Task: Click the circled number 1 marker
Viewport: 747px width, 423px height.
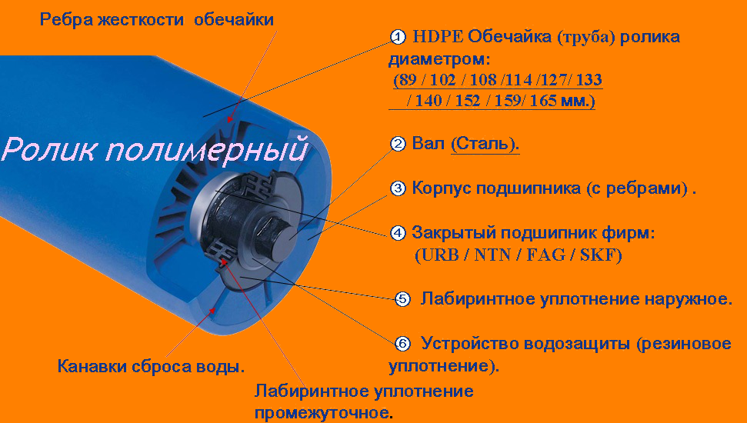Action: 397,37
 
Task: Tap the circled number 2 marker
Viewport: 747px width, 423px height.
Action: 397,143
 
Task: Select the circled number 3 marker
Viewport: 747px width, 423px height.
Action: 397,188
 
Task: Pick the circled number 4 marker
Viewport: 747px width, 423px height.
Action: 397,233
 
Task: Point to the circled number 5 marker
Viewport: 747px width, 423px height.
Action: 402,300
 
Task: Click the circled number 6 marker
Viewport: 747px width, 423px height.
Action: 402,344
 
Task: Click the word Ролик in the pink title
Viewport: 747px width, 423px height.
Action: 52,149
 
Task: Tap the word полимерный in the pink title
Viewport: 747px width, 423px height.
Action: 207,149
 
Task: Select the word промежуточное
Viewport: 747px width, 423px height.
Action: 322,411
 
